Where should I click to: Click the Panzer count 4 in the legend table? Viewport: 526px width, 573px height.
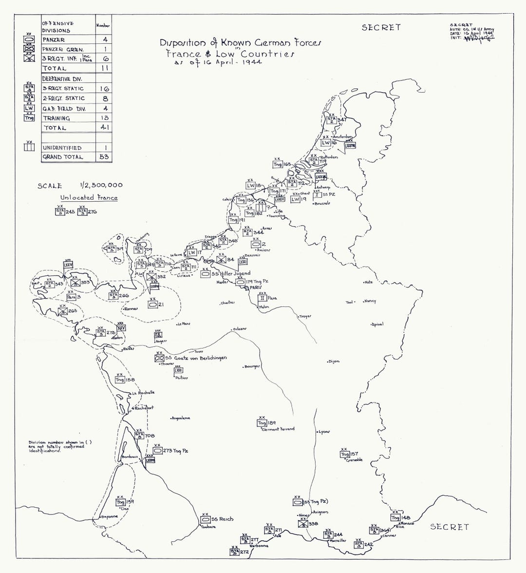click(105, 39)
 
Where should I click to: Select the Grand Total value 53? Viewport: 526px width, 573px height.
click(104, 157)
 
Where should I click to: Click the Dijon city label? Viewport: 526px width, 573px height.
click(334, 362)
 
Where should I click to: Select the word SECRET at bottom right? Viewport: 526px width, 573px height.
click(449, 527)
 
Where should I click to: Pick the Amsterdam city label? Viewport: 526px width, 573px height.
click(343, 138)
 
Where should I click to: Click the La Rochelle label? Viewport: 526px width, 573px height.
click(143, 392)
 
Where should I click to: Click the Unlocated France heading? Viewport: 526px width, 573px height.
click(89, 198)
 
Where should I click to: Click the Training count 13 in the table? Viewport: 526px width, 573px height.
click(104, 118)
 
